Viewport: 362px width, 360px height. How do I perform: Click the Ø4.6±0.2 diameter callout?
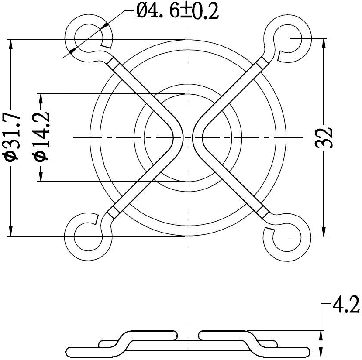(177, 10)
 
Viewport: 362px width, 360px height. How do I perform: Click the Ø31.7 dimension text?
(12, 137)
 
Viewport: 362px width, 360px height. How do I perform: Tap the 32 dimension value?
(327, 138)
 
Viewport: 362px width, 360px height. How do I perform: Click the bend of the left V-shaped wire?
(178, 137)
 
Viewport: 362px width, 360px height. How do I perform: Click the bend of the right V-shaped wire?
(197, 137)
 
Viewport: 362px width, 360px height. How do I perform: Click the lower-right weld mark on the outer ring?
(262, 212)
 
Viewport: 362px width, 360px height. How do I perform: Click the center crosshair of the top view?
(187, 137)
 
